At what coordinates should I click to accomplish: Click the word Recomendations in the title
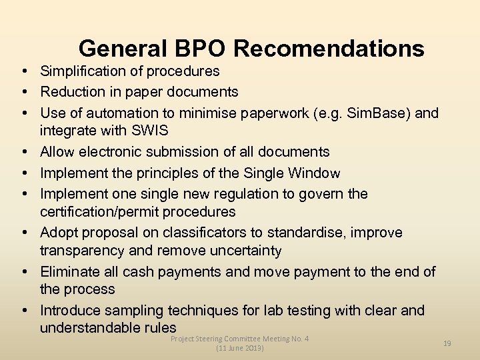click(329, 49)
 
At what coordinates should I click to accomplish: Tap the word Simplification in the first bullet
click(83, 71)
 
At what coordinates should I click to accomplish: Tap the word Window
click(314, 173)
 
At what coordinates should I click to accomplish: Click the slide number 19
click(447, 343)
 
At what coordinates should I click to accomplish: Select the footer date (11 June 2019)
click(240, 348)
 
